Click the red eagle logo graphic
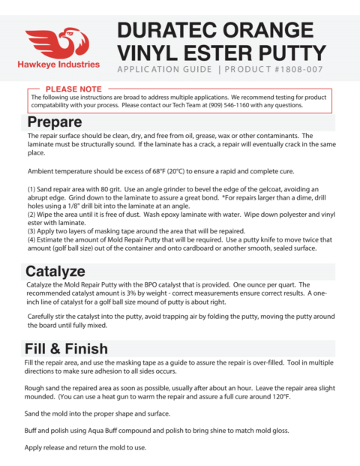pos(59,43)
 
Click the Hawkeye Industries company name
pos(59,65)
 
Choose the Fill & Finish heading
pos(67,349)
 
